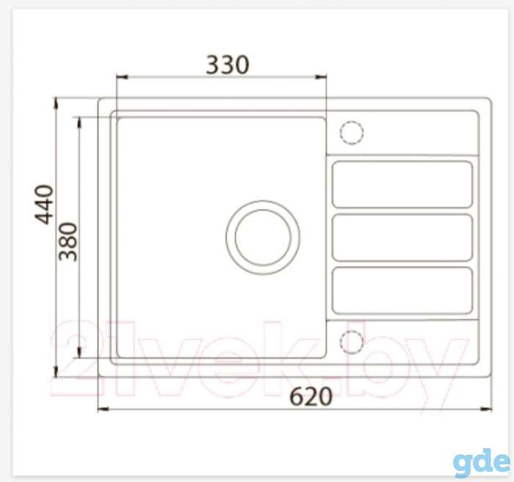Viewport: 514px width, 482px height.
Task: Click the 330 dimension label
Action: [228, 65]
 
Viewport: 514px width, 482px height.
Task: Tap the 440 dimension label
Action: [44, 205]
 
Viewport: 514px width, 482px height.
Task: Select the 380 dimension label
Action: [68, 242]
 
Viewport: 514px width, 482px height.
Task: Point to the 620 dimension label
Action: [311, 396]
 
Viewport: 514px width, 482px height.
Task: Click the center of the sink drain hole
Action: [263, 237]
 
